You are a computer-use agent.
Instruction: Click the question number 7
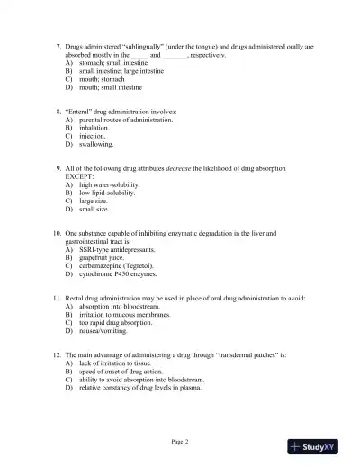point(58,45)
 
